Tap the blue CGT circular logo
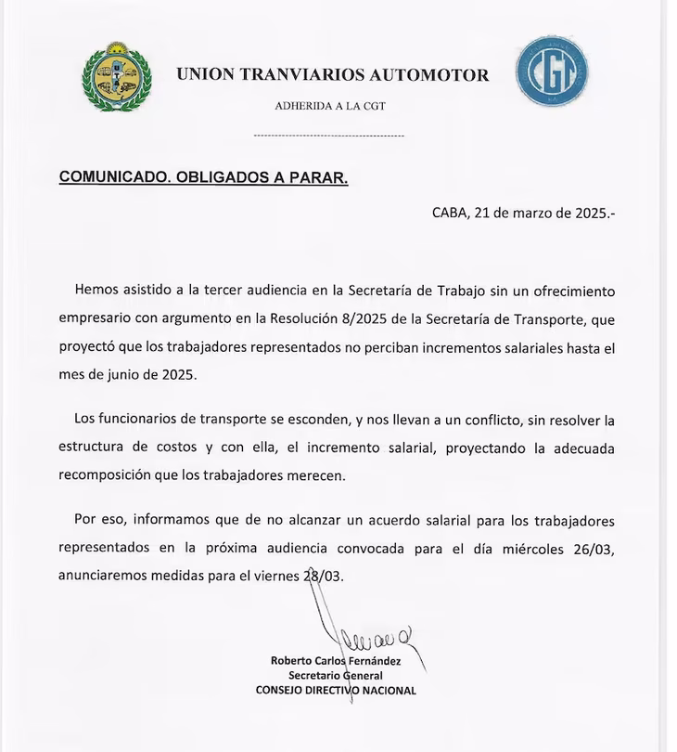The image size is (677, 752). pyautogui.click(x=552, y=71)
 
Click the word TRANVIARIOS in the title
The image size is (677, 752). pyautogui.click(x=302, y=75)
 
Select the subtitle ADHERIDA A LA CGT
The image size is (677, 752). pyautogui.click(x=330, y=106)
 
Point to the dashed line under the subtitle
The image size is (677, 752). pyautogui.click(x=329, y=136)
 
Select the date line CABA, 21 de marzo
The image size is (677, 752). pyautogui.click(x=523, y=213)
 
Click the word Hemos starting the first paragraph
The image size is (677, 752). pyautogui.click(x=97, y=291)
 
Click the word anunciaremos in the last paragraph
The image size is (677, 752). pyautogui.click(x=103, y=576)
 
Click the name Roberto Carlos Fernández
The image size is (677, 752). pyautogui.click(x=336, y=660)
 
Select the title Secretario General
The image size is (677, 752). pyautogui.click(x=336, y=676)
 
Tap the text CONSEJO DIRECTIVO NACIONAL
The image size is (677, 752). pyautogui.click(x=336, y=691)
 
